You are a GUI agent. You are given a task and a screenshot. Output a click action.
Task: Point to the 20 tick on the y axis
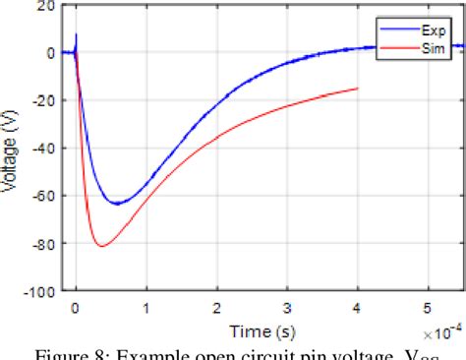(46, 6)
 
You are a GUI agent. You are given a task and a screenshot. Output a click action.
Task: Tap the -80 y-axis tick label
(41, 244)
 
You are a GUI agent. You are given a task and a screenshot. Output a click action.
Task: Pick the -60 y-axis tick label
(41, 197)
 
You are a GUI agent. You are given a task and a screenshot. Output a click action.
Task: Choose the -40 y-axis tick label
(41, 149)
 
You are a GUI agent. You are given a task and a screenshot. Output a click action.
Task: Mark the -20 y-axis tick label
(41, 101)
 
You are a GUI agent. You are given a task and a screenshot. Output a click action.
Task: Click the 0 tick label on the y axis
(50, 53)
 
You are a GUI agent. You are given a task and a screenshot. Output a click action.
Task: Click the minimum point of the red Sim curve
(102, 246)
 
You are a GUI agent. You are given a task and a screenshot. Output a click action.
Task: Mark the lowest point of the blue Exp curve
(118, 204)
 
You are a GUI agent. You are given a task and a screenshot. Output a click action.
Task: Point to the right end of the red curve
(358, 89)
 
